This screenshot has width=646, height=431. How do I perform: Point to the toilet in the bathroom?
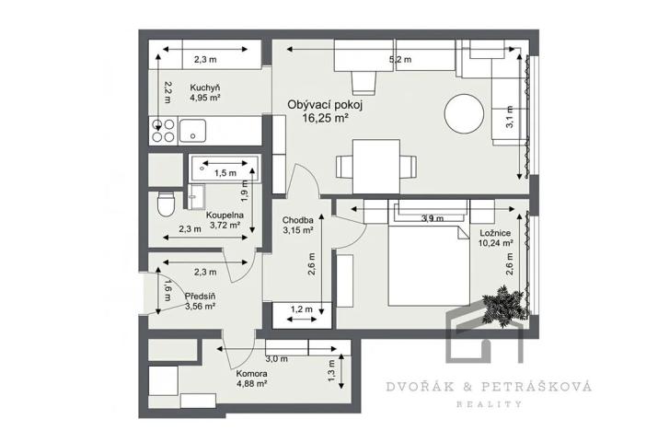click(x=165, y=204)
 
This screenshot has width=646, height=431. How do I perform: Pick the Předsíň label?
click(x=200, y=297)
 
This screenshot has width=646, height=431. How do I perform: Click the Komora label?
click(x=252, y=374)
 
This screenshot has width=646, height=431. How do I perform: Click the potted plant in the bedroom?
click(x=505, y=305)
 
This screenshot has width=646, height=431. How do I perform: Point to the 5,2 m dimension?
click(x=400, y=60)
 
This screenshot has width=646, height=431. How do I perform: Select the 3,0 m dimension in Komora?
click(x=276, y=358)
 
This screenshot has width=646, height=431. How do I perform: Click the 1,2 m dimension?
click(x=302, y=309)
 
